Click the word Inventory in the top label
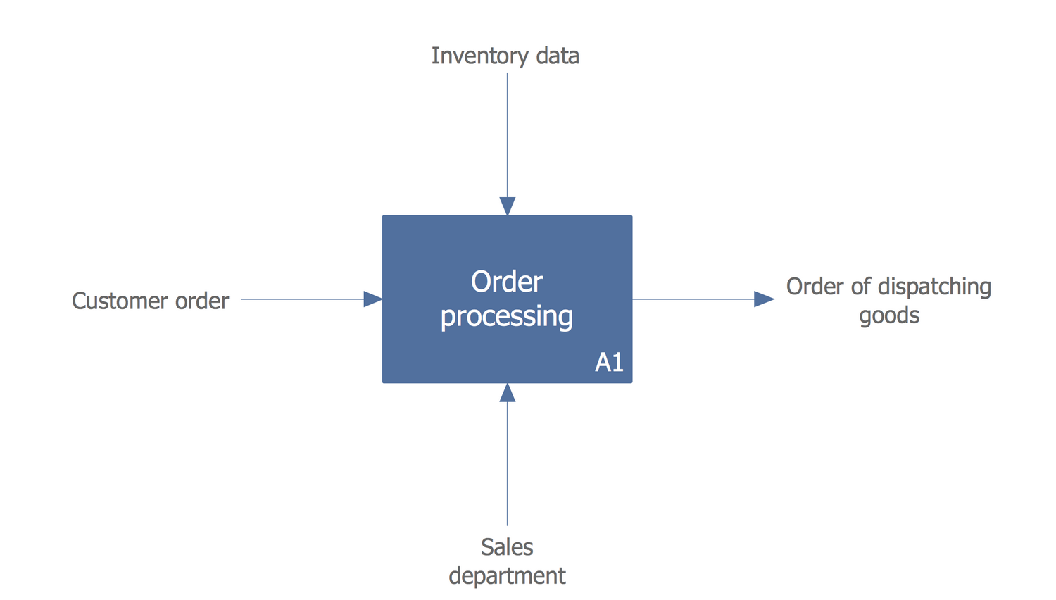tap(470, 56)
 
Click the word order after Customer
tap(202, 301)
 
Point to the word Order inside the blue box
tap(507, 282)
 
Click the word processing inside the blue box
tap(507, 316)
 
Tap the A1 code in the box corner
tap(609, 362)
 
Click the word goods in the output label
tap(889, 315)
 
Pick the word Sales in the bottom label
tap(507, 547)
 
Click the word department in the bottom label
tap(507, 576)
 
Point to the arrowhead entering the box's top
tap(508, 206)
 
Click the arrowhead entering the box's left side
tap(373, 299)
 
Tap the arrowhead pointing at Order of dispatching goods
tap(764, 299)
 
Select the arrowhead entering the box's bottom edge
tap(508, 393)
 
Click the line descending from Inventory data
tap(508, 134)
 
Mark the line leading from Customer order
tap(303, 299)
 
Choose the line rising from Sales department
tap(508, 465)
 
